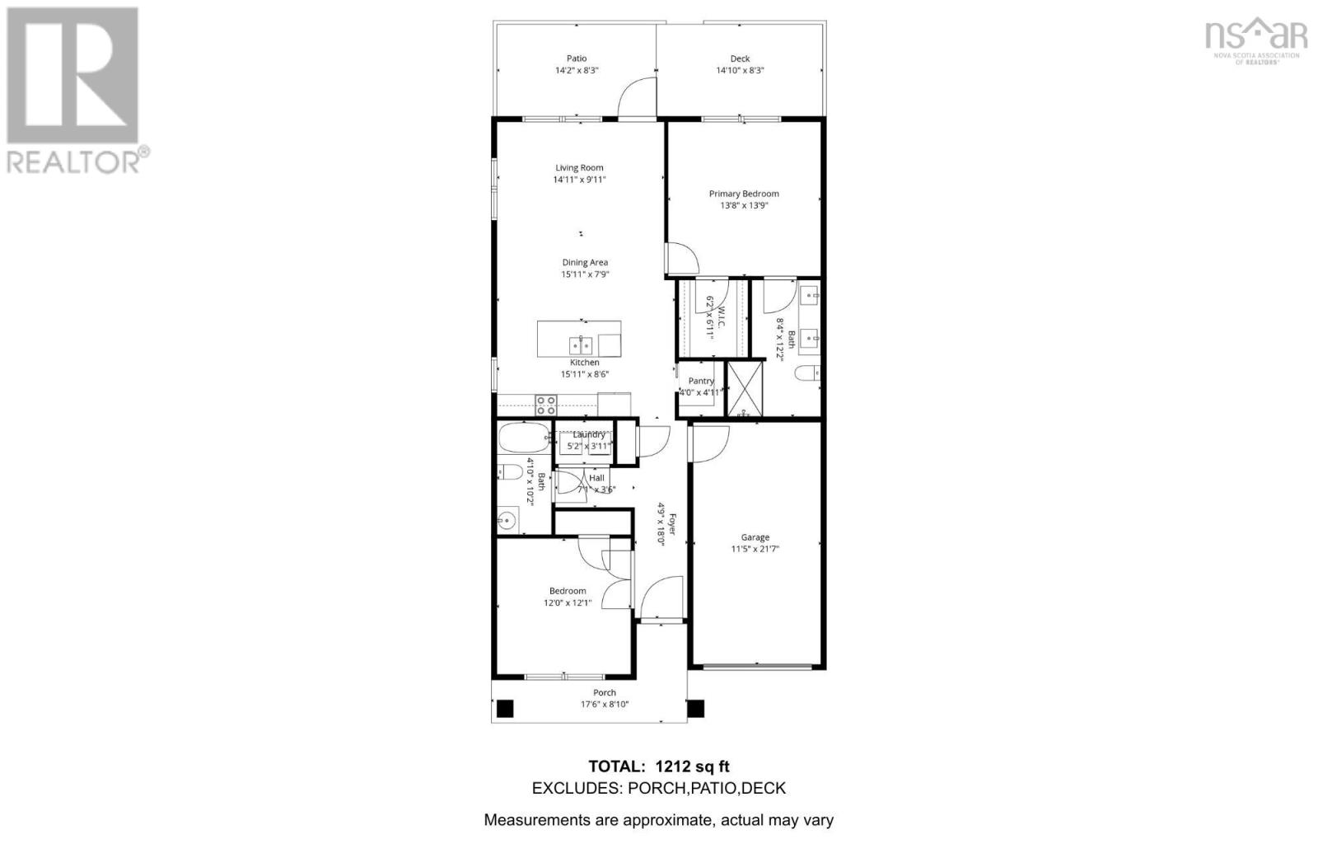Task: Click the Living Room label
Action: pyautogui.click(x=579, y=167)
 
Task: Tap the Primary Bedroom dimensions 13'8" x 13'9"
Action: pyautogui.click(x=743, y=206)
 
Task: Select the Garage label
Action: pyautogui.click(x=755, y=537)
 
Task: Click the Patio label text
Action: pyautogui.click(x=577, y=59)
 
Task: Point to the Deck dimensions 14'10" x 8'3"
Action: pyautogui.click(x=740, y=71)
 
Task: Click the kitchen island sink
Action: pyautogui.click(x=580, y=344)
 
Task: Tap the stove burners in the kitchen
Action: pyautogui.click(x=545, y=405)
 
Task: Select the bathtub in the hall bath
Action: pyautogui.click(x=524, y=437)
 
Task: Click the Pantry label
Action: pyautogui.click(x=701, y=381)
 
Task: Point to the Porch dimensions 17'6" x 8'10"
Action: pyautogui.click(x=605, y=705)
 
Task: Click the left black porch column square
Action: pyautogui.click(x=504, y=708)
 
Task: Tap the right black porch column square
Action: pyautogui.click(x=696, y=708)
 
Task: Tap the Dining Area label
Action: pyautogui.click(x=585, y=263)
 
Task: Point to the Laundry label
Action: pyautogui.click(x=589, y=434)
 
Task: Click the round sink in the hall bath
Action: pyautogui.click(x=507, y=521)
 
